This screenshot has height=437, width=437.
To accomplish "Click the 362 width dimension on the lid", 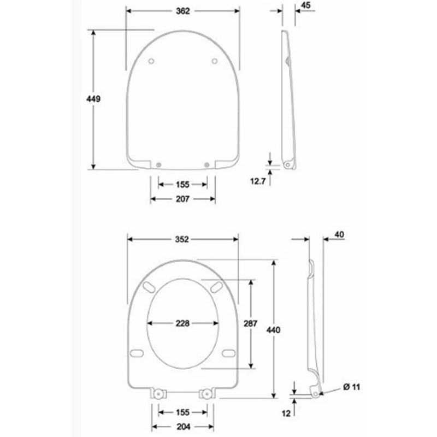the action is [x=183, y=11].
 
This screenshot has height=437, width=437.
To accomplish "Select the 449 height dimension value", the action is [x=93, y=99].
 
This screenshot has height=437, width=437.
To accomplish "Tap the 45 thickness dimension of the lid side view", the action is [x=306, y=5].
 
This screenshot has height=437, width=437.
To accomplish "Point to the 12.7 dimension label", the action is [x=258, y=181].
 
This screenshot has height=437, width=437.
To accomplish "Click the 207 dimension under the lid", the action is [x=182, y=199].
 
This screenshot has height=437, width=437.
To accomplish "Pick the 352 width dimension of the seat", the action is [x=182, y=239].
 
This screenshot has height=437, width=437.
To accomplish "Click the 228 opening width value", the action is [x=182, y=323].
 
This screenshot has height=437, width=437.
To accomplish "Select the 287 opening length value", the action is [x=251, y=323].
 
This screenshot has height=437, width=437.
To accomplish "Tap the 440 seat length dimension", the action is [x=273, y=330].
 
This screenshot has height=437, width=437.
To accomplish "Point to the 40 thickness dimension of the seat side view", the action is [x=339, y=235].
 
